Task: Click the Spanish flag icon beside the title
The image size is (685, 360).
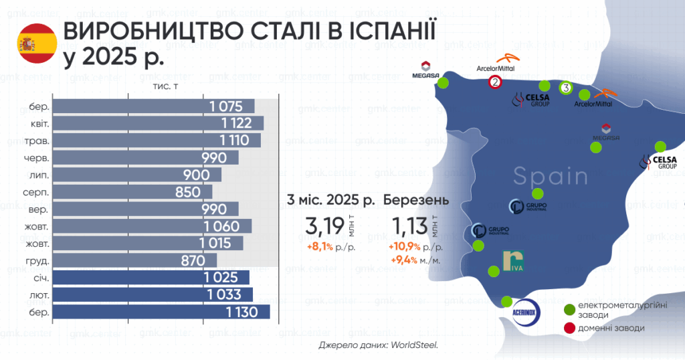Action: point(37,43)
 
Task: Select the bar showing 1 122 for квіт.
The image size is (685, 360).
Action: point(158,123)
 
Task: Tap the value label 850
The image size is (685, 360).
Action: point(188,192)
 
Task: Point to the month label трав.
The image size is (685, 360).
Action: point(37,141)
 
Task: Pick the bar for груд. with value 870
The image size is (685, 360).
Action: point(134,260)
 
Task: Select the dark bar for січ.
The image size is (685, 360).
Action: point(151,278)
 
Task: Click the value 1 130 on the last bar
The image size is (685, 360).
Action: point(242,312)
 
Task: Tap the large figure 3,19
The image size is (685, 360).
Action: point(324,226)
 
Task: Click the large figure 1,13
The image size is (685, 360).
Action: point(409,226)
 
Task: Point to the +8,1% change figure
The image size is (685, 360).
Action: point(320,248)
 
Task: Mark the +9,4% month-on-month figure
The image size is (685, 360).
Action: point(404,260)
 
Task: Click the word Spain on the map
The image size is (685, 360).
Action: point(551,176)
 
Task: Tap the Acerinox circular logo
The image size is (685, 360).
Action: point(526,312)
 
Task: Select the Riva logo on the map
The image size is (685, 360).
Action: point(513,261)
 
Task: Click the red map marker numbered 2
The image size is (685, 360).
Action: point(495,82)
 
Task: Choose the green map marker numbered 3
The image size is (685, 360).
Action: point(566,88)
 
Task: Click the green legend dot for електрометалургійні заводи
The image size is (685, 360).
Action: point(570,310)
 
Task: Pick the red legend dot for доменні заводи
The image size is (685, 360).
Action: point(570,328)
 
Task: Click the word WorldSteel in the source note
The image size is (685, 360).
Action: point(414,345)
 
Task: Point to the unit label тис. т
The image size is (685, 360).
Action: point(165,86)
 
